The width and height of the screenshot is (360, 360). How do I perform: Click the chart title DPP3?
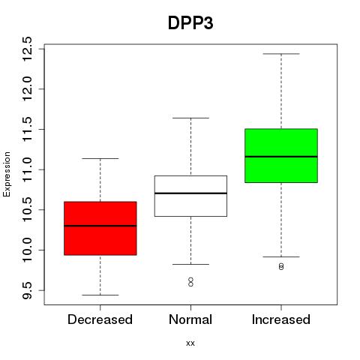(190, 23)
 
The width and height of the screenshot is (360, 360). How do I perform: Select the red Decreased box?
(100, 228)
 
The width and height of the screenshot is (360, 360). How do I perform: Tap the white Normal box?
(190, 196)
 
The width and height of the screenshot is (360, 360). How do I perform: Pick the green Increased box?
(281, 155)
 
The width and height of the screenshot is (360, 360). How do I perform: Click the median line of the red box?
(100, 226)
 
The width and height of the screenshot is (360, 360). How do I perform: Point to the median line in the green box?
(281, 157)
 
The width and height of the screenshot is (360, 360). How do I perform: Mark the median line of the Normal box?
(190, 193)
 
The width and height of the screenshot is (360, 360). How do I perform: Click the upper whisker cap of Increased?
(281, 54)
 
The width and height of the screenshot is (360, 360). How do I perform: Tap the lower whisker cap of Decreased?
(100, 295)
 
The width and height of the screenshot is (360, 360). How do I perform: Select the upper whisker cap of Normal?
(190, 118)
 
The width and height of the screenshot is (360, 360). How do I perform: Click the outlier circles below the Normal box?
(190, 282)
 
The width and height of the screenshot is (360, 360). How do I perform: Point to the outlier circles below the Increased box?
(281, 266)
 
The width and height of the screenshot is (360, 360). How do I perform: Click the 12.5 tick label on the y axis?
(27, 49)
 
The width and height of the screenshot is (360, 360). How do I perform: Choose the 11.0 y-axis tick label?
(27, 169)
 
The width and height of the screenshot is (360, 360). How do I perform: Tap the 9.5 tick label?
(27, 290)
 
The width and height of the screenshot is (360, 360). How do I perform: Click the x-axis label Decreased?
(100, 319)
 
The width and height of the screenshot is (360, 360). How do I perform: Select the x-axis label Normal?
(190, 319)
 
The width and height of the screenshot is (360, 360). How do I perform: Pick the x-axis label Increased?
(281, 319)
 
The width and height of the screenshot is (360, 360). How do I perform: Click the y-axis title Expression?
(7, 174)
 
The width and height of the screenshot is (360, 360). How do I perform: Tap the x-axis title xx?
(190, 343)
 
